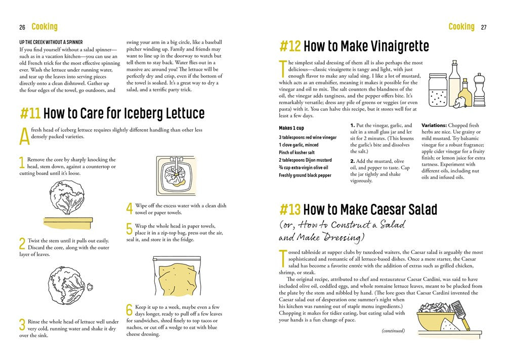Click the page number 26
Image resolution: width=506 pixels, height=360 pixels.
[x=22, y=27]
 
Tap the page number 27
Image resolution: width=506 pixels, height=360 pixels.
[x=483, y=27]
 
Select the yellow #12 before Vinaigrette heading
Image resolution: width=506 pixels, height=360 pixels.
[x=290, y=47]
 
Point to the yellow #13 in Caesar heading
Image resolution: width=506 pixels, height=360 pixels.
[x=290, y=209]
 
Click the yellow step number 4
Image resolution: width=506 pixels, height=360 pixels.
[x=129, y=208]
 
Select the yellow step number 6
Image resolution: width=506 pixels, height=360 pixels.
[x=129, y=309]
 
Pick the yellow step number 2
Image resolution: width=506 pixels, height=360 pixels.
[x=22, y=244]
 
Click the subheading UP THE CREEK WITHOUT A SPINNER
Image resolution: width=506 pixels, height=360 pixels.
[x=51, y=41]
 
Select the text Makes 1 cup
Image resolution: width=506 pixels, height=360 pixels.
[x=291, y=128]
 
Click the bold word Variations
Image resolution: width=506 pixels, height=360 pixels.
[x=434, y=125]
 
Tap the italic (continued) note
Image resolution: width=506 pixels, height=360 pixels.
[x=393, y=331]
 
